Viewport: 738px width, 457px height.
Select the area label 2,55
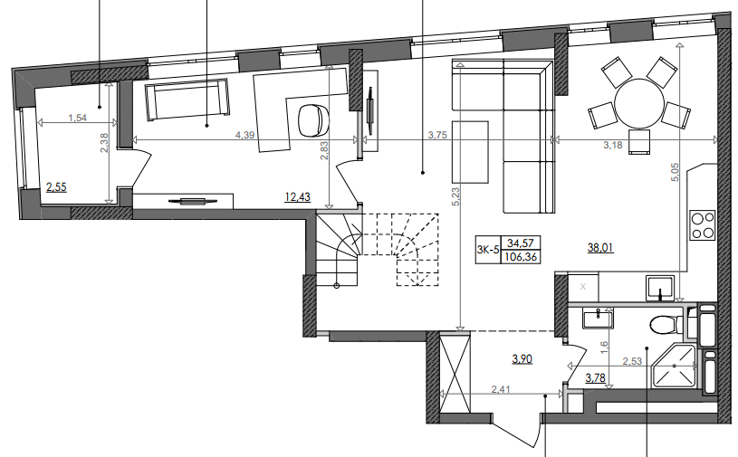point(56,188)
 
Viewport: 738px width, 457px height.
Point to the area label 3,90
point(522,359)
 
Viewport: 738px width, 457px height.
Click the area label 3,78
point(595,378)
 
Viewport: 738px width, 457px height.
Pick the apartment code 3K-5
point(487,250)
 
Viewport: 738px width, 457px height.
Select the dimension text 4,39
point(244,135)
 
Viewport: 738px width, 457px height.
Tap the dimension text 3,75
point(438,135)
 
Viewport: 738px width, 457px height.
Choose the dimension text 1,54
point(77,118)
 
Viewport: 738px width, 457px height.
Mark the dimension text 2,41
point(501,391)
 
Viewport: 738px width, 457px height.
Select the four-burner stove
point(703,224)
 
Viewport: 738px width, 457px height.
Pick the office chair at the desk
point(312,117)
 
